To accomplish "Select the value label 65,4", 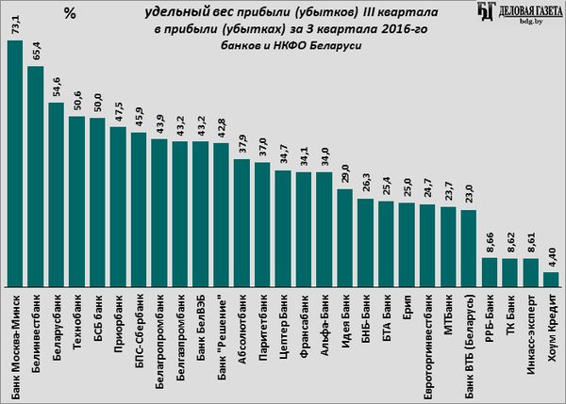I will [36, 54].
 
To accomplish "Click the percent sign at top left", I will [70, 13].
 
